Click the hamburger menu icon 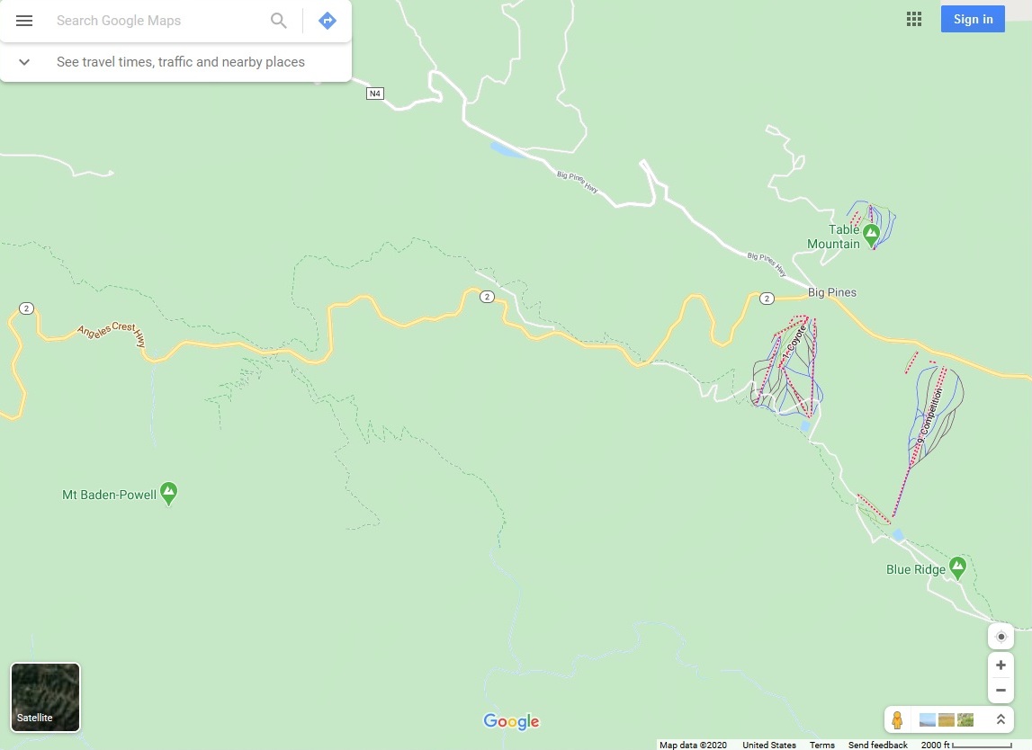pos(24,21)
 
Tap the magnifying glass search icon pos(279,21)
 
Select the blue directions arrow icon pos(328,21)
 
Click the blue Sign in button pos(973,19)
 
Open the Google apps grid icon pos(914,19)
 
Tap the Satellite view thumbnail pos(45,697)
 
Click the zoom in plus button pos(1001,665)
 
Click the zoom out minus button pos(1001,691)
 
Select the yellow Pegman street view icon pos(897,719)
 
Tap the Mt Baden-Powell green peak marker pos(169,493)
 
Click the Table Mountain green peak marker pos(871,236)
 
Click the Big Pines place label pos(832,292)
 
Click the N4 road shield pos(374,94)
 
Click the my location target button pos(1001,636)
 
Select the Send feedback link pos(877,745)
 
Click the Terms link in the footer pos(821,745)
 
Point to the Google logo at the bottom pos(511,721)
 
